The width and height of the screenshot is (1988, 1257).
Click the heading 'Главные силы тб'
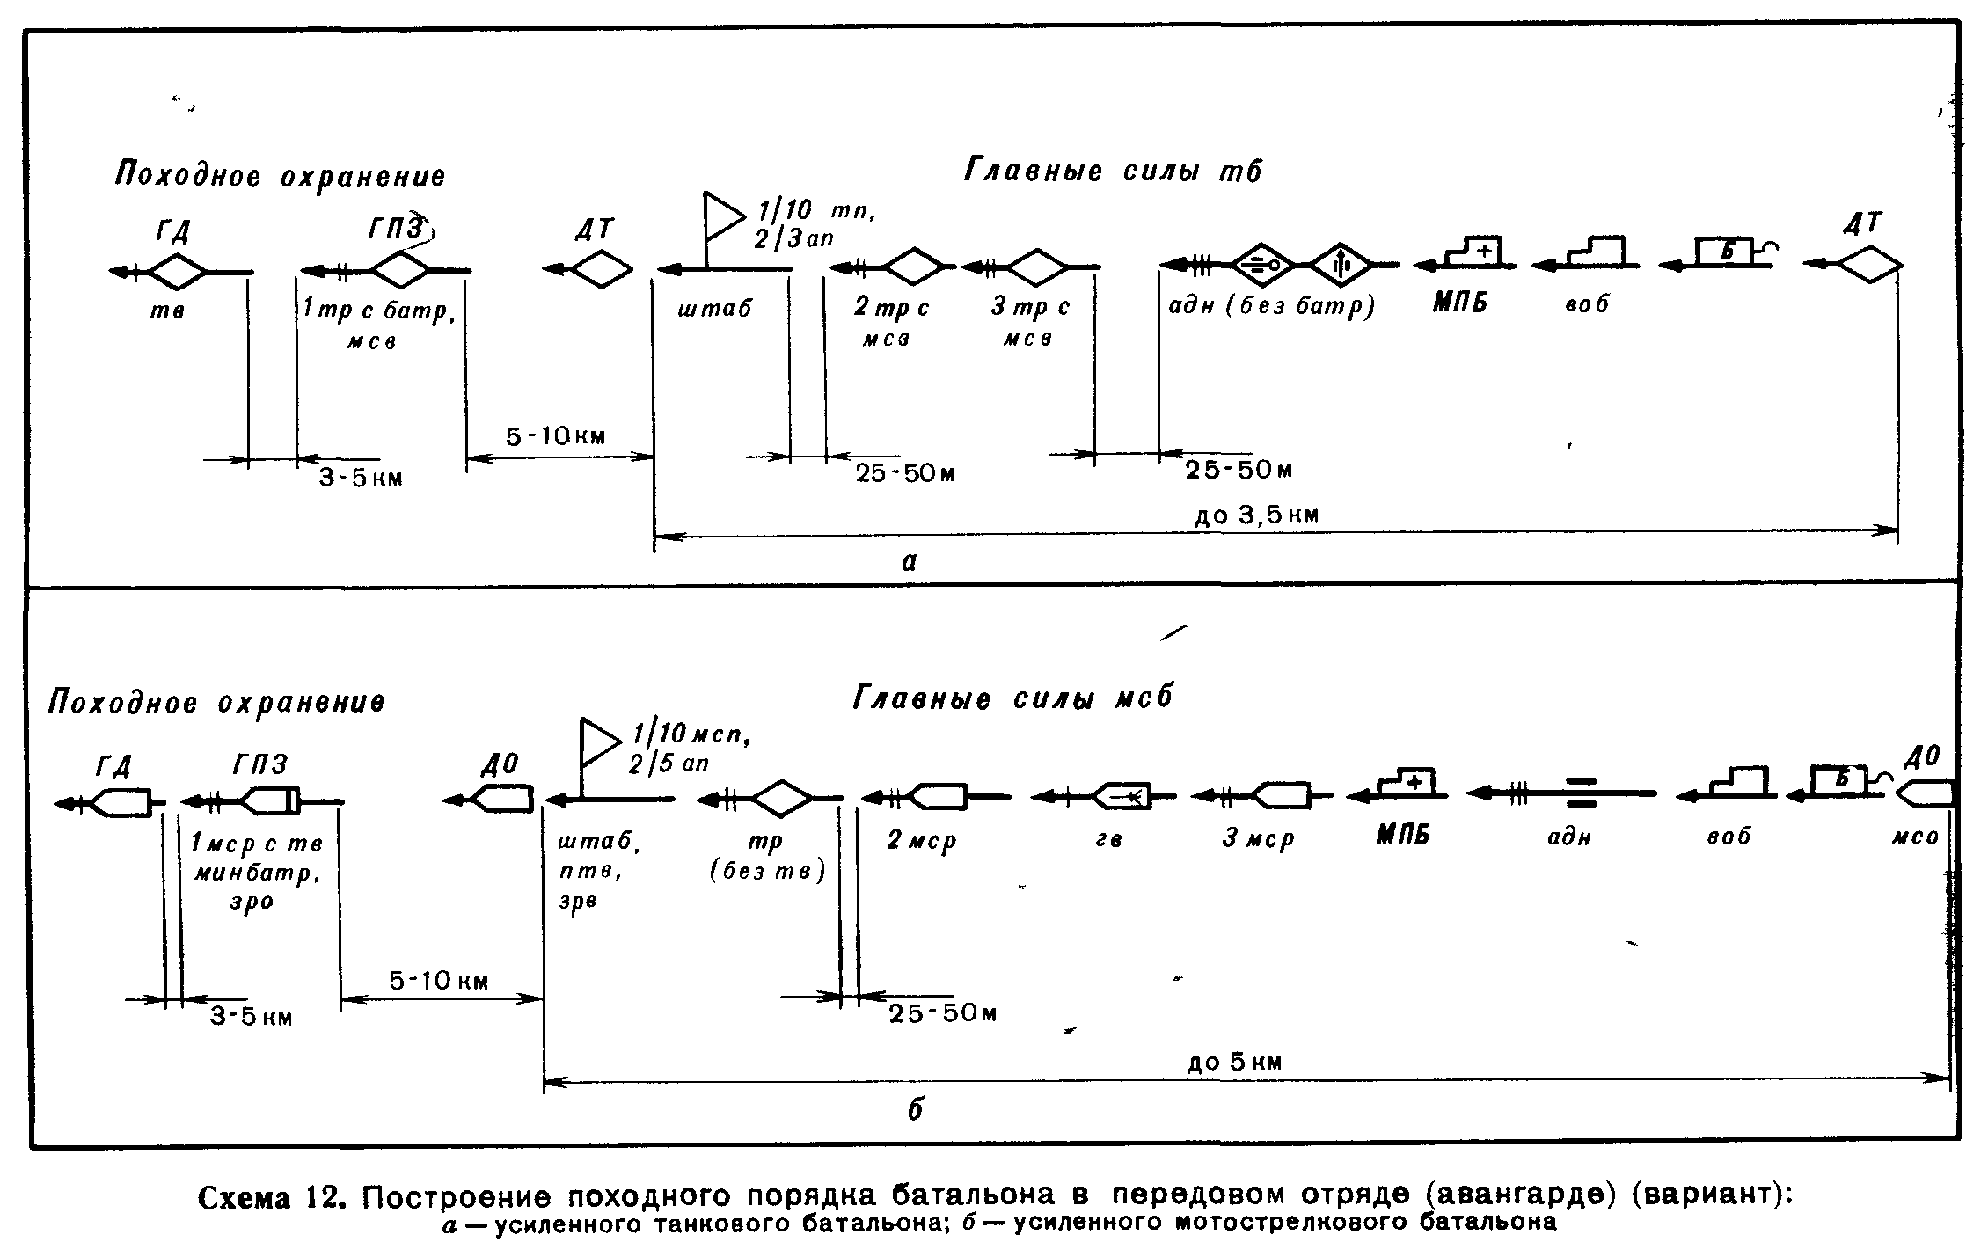pyautogui.click(x=1112, y=170)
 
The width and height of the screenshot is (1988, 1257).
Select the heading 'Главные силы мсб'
pyautogui.click(x=1012, y=698)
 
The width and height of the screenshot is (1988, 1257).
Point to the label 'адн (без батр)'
pyautogui.click(x=1271, y=306)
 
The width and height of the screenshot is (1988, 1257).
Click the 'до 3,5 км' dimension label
pyautogui.click(x=1257, y=515)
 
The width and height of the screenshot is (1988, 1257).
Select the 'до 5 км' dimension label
pyautogui.click(x=1234, y=1062)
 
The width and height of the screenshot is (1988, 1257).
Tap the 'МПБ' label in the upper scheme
pyautogui.click(x=1460, y=303)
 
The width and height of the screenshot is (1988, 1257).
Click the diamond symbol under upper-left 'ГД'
pyautogui.click(x=177, y=271)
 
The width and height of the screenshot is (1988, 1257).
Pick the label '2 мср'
pyautogui.click(x=920, y=841)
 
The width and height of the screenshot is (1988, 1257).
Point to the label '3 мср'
pyautogui.click(x=1258, y=839)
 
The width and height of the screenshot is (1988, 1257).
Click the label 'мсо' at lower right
pyautogui.click(x=1915, y=837)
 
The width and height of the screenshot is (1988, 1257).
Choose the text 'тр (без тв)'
pyautogui.click(x=767, y=857)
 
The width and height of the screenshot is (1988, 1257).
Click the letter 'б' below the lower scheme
pyautogui.click(x=915, y=1110)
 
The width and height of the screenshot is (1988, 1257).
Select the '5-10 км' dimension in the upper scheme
pyautogui.click(x=555, y=436)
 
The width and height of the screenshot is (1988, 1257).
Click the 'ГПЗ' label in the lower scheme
pyautogui.click(x=259, y=764)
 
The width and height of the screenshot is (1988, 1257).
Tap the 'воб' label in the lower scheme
pyautogui.click(x=1729, y=836)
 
